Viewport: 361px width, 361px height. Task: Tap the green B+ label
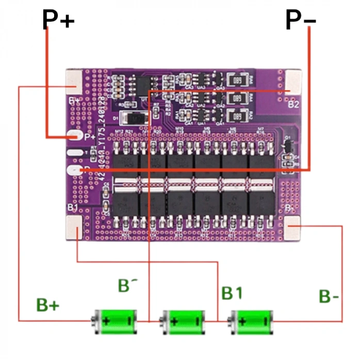48,305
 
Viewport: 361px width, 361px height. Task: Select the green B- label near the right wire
329,297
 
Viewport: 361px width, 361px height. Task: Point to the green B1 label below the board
232,293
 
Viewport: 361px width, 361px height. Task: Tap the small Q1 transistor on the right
288,147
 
